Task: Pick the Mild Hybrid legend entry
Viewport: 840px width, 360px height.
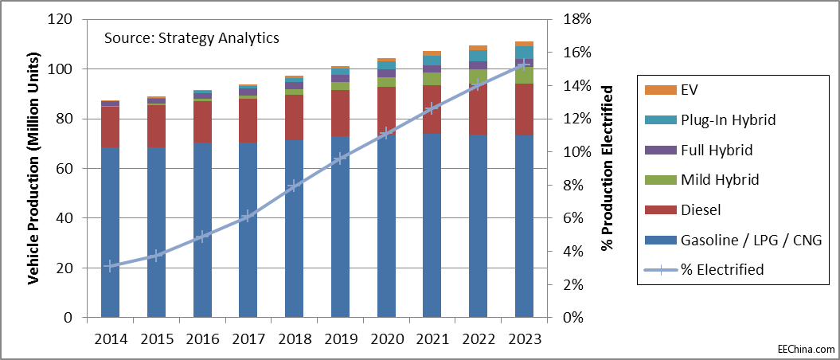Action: click(x=720, y=180)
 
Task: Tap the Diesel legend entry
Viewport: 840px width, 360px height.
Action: click(x=701, y=210)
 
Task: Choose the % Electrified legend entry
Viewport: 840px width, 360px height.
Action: click(x=721, y=270)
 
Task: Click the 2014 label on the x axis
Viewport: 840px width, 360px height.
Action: click(x=110, y=338)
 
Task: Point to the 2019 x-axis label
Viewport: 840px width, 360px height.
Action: click(x=341, y=338)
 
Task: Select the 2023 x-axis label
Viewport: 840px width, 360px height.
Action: click(x=524, y=338)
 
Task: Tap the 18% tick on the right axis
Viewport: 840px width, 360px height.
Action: click(x=577, y=19)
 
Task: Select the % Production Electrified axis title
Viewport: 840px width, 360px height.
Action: click(x=608, y=169)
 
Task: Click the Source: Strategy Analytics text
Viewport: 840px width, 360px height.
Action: click(x=192, y=37)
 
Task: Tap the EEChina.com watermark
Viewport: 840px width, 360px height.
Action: click(x=806, y=349)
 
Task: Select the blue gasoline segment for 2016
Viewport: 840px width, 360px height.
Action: click(x=202, y=231)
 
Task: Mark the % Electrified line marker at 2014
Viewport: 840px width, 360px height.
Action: click(x=110, y=266)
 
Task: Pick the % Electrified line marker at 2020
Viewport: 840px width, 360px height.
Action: click(x=387, y=133)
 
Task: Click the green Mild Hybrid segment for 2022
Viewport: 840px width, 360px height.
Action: click(x=479, y=76)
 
